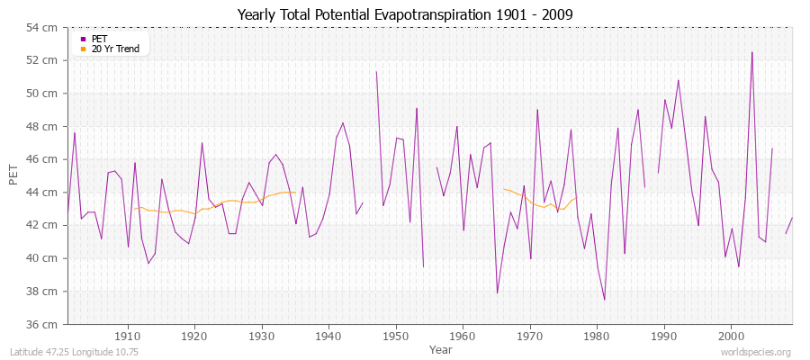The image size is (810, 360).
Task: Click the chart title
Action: pos(405,14)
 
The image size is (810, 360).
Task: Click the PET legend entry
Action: pos(98,39)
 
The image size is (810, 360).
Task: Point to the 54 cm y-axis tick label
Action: pos(46,27)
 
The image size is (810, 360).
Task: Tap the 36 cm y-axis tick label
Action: pos(46,324)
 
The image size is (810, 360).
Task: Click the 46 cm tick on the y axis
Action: pos(46,159)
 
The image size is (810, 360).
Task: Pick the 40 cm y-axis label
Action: pos(46,258)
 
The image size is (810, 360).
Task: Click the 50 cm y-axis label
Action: pos(46,94)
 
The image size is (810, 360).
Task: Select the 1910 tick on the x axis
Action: pos(128,336)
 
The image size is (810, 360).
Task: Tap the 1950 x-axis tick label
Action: pos(395,336)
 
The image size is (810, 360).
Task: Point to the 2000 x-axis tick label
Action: pos(730,336)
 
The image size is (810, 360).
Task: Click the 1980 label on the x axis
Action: pos(596,336)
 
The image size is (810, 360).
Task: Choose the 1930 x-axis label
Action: pos(262,336)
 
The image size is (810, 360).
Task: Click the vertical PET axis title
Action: pos(13,175)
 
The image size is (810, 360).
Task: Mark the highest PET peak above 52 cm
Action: pos(752,52)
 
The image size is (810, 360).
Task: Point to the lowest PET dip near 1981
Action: pos(604,300)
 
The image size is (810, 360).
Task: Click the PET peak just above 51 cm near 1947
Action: pos(376,72)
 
